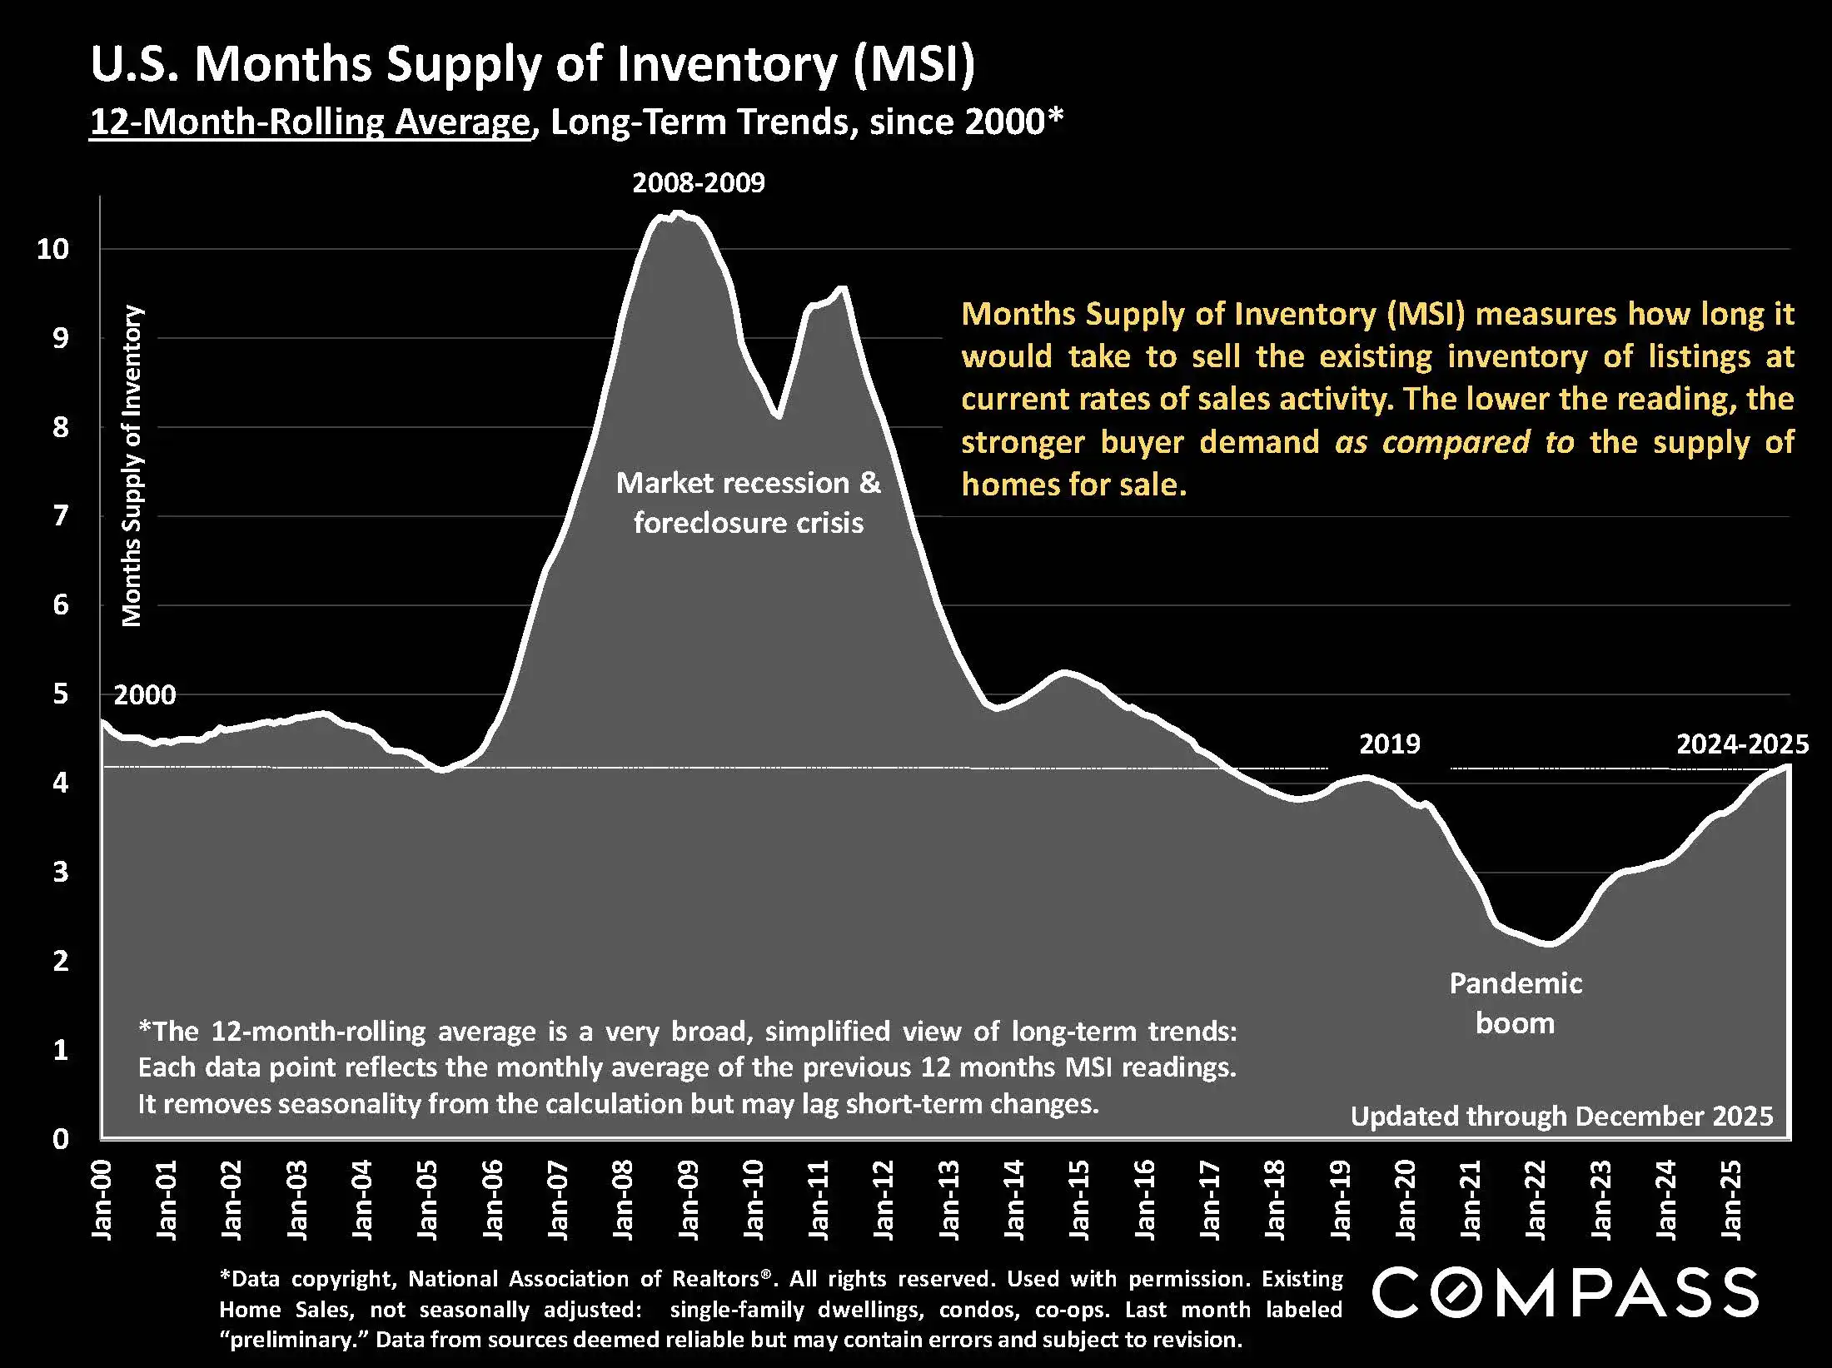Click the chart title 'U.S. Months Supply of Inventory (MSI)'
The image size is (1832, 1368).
pyautogui.click(x=532, y=65)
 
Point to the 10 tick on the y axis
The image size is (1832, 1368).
pyautogui.click(x=52, y=248)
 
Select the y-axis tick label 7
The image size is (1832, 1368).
pyautogui.click(x=60, y=516)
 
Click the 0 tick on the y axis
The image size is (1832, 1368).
pyautogui.click(x=60, y=1138)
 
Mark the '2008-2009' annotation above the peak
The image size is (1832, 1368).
pyautogui.click(x=698, y=183)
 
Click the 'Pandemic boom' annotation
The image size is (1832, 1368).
pyautogui.click(x=1515, y=1002)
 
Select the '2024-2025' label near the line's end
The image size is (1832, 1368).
pyautogui.click(x=1742, y=744)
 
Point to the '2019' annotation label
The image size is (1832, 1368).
pyautogui.click(x=1389, y=744)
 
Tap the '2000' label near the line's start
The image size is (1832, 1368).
pyautogui.click(x=145, y=694)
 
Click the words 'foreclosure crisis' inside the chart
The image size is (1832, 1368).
pyautogui.click(x=748, y=523)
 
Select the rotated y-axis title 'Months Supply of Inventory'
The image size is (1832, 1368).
pyautogui.click(x=132, y=466)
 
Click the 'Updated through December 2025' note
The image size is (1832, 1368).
pyautogui.click(x=1561, y=1116)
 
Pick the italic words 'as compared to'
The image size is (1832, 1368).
pyautogui.click(x=1454, y=442)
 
